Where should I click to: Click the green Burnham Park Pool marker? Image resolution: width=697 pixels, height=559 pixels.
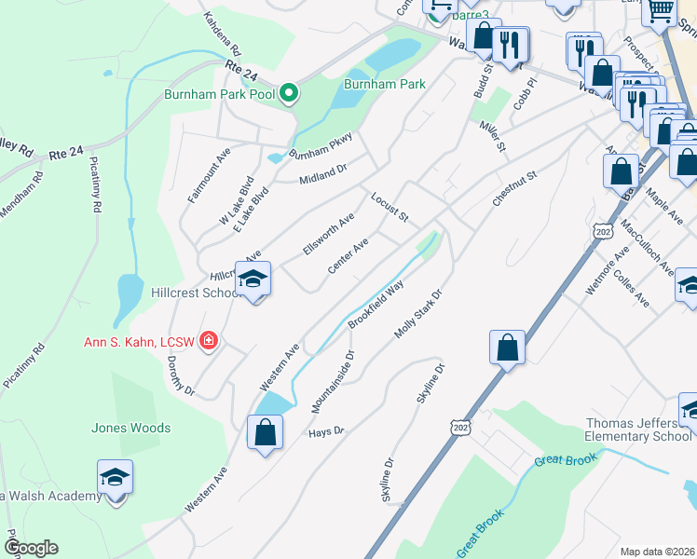289,93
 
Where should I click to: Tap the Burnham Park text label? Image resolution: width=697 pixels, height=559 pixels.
384,84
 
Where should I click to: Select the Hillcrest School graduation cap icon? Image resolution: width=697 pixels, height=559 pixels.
253,279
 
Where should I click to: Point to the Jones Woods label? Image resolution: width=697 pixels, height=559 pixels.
130,428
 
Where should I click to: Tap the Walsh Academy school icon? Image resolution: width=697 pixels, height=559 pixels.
116,477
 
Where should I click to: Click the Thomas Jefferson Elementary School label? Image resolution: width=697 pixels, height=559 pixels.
638,429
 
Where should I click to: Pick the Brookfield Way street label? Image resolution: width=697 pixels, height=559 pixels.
376,307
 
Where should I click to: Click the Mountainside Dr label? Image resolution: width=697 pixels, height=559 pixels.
335,382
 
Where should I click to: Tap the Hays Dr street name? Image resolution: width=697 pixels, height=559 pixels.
326,432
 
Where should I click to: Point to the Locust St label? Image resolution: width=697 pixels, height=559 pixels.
389,208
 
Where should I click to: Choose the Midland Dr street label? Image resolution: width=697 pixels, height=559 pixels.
322,173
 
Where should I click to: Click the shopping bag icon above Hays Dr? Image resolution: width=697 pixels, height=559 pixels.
265,431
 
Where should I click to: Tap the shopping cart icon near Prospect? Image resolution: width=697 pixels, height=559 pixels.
661,11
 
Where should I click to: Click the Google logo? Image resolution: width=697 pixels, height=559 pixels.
31,548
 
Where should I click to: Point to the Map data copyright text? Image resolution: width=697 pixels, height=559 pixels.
658,552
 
